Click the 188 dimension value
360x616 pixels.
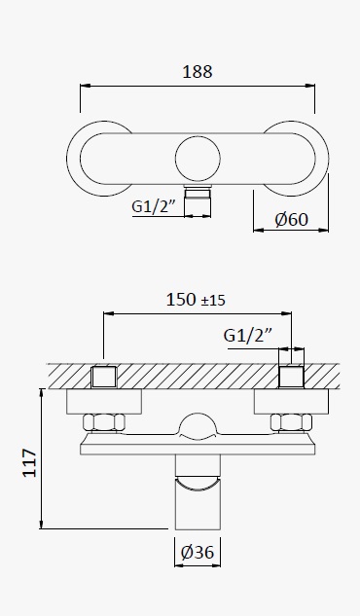click(198, 72)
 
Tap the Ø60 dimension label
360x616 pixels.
click(291, 219)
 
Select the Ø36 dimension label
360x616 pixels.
click(198, 553)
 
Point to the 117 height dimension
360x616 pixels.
click(30, 463)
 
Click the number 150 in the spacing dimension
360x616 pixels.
click(181, 300)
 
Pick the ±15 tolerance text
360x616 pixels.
click(213, 301)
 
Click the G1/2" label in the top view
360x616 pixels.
click(153, 206)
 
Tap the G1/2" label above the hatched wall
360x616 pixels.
click(248, 336)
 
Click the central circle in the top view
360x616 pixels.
click(198, 159)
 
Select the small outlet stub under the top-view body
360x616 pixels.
click(198, 200)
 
